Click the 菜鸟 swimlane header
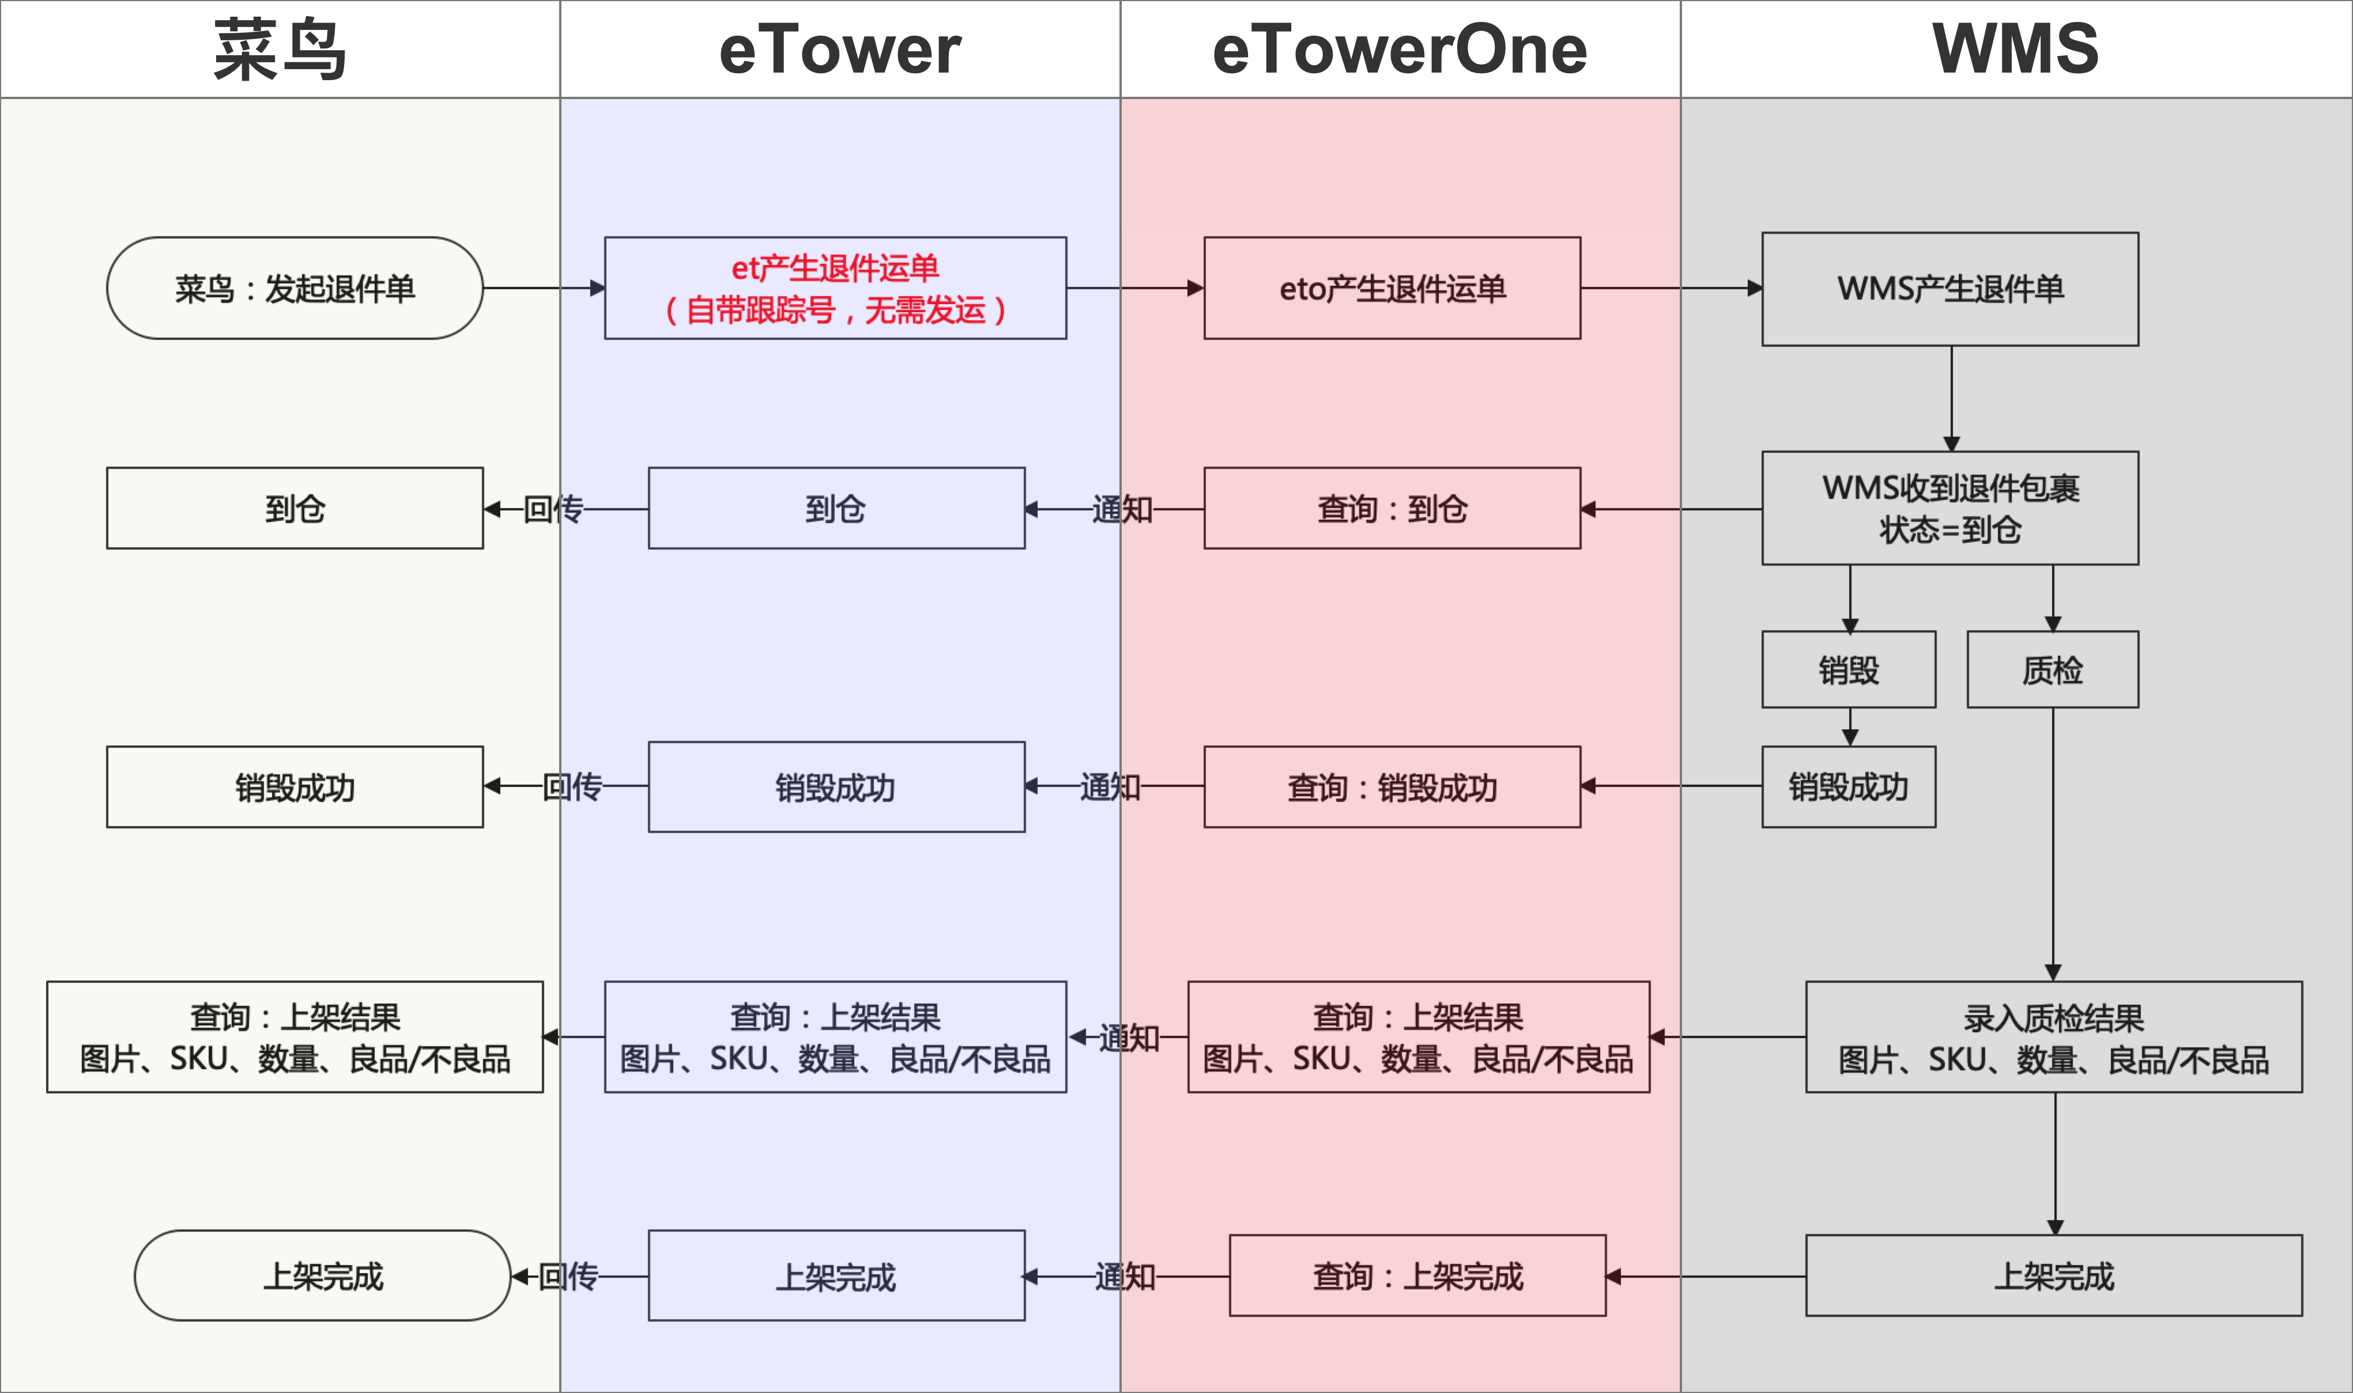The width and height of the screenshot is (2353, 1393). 280,49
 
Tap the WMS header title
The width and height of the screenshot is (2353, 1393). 2015,49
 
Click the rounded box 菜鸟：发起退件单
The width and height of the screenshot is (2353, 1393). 295,288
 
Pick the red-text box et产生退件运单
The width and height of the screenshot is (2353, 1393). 835,288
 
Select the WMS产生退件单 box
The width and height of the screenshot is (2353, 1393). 1949,289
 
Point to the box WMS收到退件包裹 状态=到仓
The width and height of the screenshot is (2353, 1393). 1949,508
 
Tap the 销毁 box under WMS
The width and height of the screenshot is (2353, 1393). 1848,669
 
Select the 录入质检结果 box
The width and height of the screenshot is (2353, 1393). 2053,1037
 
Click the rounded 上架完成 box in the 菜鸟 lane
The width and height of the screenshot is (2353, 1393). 322,1275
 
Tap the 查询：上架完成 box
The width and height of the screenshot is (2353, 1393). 1417,1275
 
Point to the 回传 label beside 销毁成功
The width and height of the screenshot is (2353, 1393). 572,786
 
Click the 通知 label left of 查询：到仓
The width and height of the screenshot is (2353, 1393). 1122,509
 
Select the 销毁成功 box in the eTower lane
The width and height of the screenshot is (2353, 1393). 836,786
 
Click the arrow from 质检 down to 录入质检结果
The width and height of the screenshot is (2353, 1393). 2053,845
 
